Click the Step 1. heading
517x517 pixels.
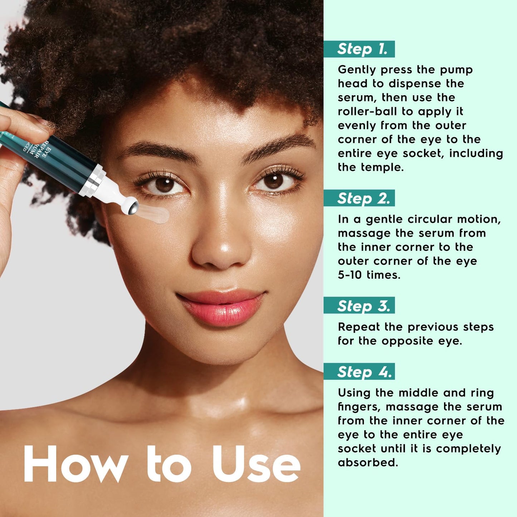click(x=362, y=49)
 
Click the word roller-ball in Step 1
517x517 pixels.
click(x=367, y=111)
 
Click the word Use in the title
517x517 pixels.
click(x=256, y=464)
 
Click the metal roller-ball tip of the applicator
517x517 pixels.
click(x=132, y=207)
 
